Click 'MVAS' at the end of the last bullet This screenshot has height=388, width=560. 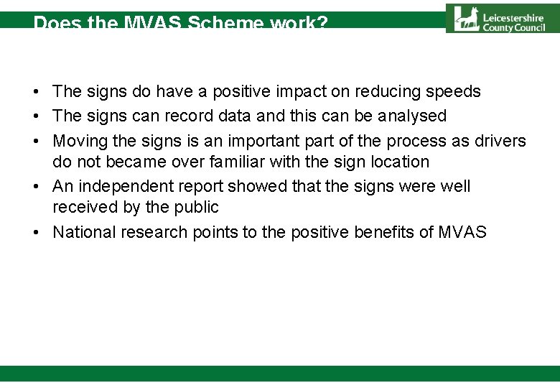click(462, 232)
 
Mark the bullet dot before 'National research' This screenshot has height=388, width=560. click(34, 232)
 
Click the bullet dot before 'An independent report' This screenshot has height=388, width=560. click(34, 186)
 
